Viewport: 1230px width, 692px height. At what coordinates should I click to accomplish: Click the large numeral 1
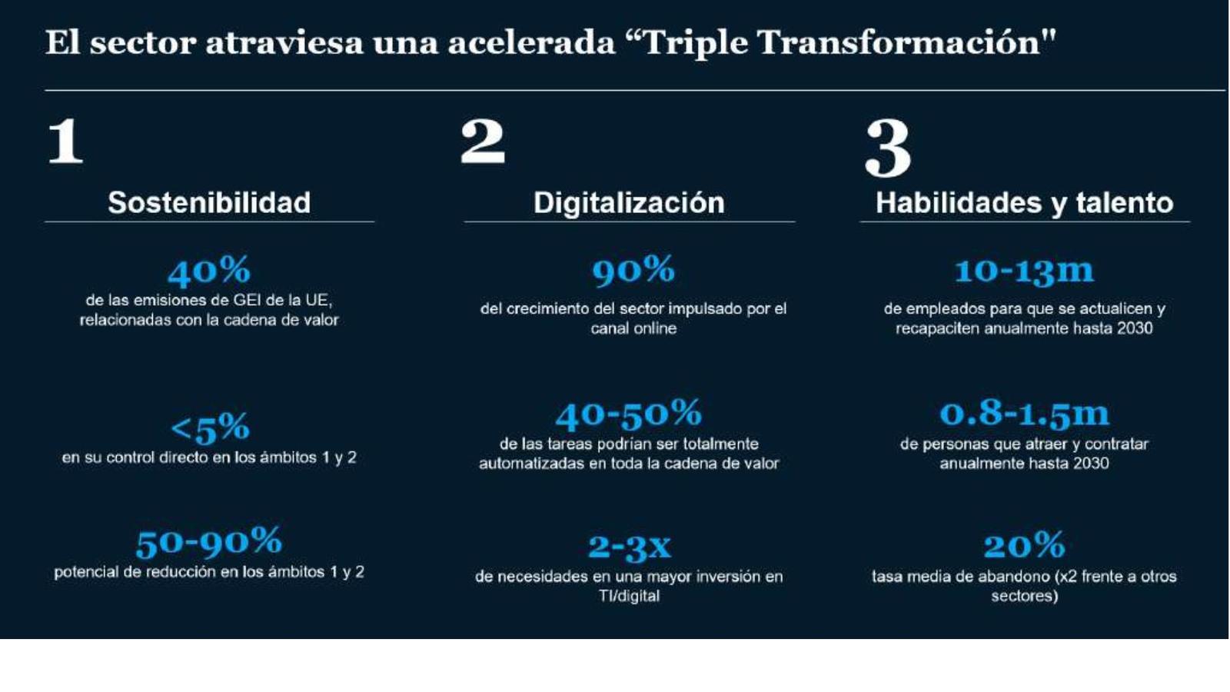(x=65, y=141)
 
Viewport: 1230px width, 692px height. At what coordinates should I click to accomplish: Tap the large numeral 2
(x=483, y=141)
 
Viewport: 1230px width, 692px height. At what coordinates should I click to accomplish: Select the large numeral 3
(x=888, y=148)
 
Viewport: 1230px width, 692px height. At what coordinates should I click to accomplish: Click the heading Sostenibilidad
(x=209, y=203)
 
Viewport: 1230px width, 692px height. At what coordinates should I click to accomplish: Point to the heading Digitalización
(x=630, y=203)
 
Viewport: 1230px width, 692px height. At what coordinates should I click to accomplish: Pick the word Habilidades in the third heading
(x=958, y=203)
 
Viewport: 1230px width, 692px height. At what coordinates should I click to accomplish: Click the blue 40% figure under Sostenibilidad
(x=209, y=271)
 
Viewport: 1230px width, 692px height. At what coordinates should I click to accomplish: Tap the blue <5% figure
(x=210, y=428)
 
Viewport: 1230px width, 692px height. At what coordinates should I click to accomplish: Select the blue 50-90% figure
(x=209, y=542)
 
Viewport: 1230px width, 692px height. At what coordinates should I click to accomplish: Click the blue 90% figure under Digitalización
(x=633, y=270)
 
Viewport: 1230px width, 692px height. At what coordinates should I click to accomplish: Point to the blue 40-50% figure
(x=629, y=414)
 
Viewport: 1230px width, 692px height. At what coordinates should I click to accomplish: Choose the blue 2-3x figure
(x=630, y=547)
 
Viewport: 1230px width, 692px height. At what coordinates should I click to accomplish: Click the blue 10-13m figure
(x=1025, y=271)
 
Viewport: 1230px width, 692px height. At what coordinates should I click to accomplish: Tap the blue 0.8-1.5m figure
(x=1025, y=414)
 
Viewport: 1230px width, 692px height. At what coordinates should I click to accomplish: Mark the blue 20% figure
(x=1025, y=545)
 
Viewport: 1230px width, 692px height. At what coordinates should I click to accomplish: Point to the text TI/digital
(x=630, y=596)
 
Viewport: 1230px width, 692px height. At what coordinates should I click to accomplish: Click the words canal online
(x=633, y=328)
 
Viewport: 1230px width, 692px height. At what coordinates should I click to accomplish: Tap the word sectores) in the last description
(x=1025, y=596)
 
